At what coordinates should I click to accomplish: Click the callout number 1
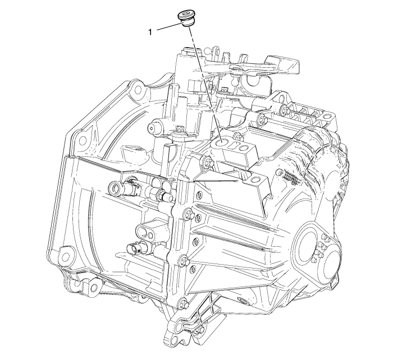(x=150, y=32)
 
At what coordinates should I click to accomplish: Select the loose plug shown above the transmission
(x=185, y=19)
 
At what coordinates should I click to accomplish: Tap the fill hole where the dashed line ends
(x=221, y=142)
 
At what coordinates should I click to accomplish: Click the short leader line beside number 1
(x=170, y=27)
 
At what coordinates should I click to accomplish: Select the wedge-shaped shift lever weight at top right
(x=283, y=64)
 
